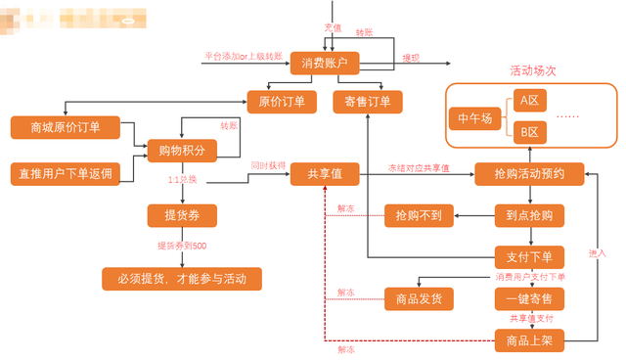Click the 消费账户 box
[x=326, y=63]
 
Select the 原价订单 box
[x=282, y=101]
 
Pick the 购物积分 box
[x=181, y=150]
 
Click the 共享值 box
[x=325, y=173]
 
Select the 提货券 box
[x=181, y=215]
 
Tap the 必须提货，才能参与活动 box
[x=183, y=279]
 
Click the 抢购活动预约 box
[x=529, y=173]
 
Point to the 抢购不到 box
[x=419, y=215]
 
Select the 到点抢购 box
[x=529, y=215]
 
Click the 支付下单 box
[x=529, y=257]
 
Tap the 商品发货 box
[x=419, y=298]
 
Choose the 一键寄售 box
[x=529, y=298]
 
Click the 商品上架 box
[x=529, y=340]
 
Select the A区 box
[x=531, y=101]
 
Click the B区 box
[x=531, y=131]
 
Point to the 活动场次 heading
[x=533, y=71]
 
